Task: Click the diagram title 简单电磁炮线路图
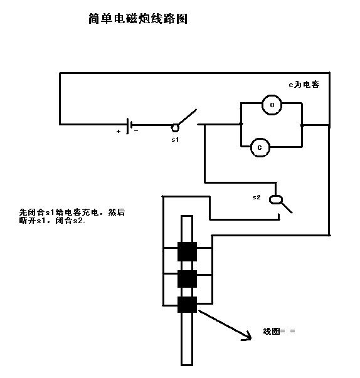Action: (138, 19)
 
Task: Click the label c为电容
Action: (304, 85)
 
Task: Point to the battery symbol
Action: (129, 126)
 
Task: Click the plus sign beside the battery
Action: (119, 132)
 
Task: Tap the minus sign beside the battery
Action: (136, 131)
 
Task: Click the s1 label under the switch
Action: (175, 140)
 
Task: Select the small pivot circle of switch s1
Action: (175, 128)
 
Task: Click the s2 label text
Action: (257, 197)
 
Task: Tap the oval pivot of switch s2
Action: (275, 199)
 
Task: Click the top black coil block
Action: (187, 251)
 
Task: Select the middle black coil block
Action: (187, 279)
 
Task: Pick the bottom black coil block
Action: (187, 305)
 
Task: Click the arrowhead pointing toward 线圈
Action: (248, 337)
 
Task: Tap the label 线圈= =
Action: (279, 331)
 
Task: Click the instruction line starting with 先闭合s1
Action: (72, 212)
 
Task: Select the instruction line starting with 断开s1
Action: (52, 221)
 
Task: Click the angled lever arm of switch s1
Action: (188, 117)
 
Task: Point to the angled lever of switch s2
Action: (287, 207)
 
